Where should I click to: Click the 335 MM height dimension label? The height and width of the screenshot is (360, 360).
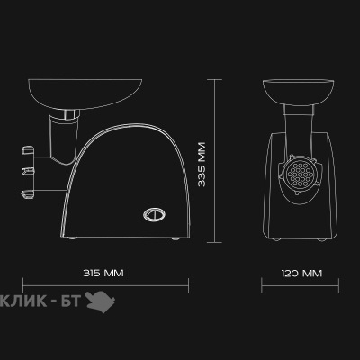202,165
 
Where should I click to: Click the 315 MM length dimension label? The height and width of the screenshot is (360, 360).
103,274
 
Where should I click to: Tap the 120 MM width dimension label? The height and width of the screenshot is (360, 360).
301,274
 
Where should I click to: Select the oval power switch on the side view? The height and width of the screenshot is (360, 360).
154,214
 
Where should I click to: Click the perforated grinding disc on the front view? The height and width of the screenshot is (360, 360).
297,175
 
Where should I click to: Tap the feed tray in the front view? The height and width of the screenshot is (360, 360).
298,92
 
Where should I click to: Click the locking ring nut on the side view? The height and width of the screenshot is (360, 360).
28,173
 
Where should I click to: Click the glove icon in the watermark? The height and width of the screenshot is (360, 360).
100,301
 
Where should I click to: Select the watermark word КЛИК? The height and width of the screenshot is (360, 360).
23,301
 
